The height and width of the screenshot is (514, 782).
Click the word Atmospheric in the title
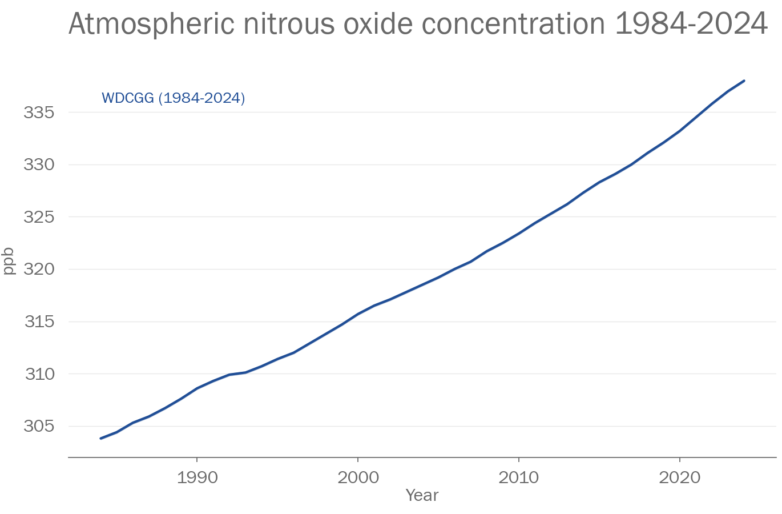[x=151, y=24]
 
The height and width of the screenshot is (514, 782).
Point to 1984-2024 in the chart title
[x=691, y=24]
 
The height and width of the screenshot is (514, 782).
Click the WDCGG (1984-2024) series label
[x=174, y=98]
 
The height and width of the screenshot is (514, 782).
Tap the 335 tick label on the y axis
[x=39, y=113]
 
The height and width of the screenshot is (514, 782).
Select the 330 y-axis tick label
[x=39, y=165]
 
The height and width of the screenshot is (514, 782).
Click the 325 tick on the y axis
[x=39, y=217]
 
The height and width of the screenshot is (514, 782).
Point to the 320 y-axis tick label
[x=39, y=270]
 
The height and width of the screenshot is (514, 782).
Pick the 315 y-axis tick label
[x=39, y=322]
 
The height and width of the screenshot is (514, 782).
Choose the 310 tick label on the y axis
[x=39, y=374]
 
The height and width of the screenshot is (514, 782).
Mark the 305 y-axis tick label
[x=39, y=427]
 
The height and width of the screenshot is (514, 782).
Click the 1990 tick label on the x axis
[x=197, y=477]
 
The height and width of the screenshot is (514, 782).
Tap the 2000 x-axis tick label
[x=358, y=477]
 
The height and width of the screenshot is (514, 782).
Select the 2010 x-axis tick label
[x=518, y=477]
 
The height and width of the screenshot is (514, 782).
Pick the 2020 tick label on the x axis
[x=679, y=477]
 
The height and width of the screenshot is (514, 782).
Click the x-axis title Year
[x=422, y=495]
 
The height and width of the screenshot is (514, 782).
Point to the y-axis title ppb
[x=9, y=261]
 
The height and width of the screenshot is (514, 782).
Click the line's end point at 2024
[x=744, y=81]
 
